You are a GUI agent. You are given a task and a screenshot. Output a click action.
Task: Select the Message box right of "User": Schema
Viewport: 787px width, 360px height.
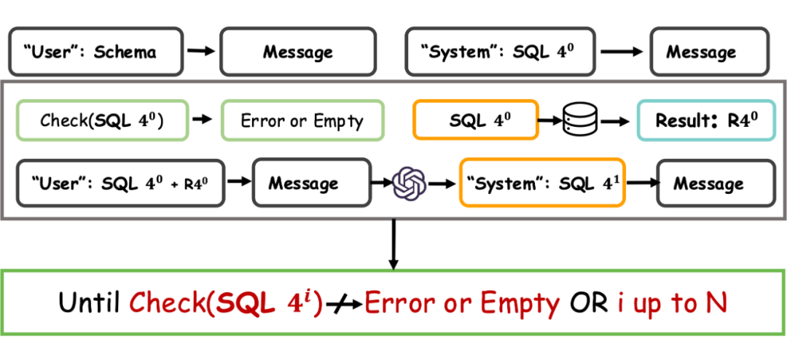pos(297,52)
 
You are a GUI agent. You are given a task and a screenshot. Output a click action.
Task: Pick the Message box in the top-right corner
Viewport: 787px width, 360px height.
pos(700,52)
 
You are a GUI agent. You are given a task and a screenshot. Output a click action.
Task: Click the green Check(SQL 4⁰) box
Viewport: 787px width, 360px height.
pos(102,120)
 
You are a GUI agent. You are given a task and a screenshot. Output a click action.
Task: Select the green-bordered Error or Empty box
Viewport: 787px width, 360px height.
pos(302,120)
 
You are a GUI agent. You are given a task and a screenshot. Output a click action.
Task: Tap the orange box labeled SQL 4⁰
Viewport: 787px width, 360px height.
pos(475,120)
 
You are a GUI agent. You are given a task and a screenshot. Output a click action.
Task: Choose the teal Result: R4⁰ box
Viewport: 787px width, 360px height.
pos(701,120)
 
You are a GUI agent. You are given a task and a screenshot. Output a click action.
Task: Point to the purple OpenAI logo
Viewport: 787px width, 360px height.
pos(408,183)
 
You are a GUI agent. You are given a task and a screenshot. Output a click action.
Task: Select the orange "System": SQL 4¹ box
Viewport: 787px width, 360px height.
pos(541,183)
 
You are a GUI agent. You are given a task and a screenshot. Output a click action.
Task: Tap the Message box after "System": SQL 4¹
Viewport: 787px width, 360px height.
pos(708,183)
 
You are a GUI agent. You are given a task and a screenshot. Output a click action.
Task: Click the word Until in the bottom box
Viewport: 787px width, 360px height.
pos(91,302)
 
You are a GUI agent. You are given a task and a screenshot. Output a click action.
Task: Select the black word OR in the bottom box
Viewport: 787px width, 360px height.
pos(587,302)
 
